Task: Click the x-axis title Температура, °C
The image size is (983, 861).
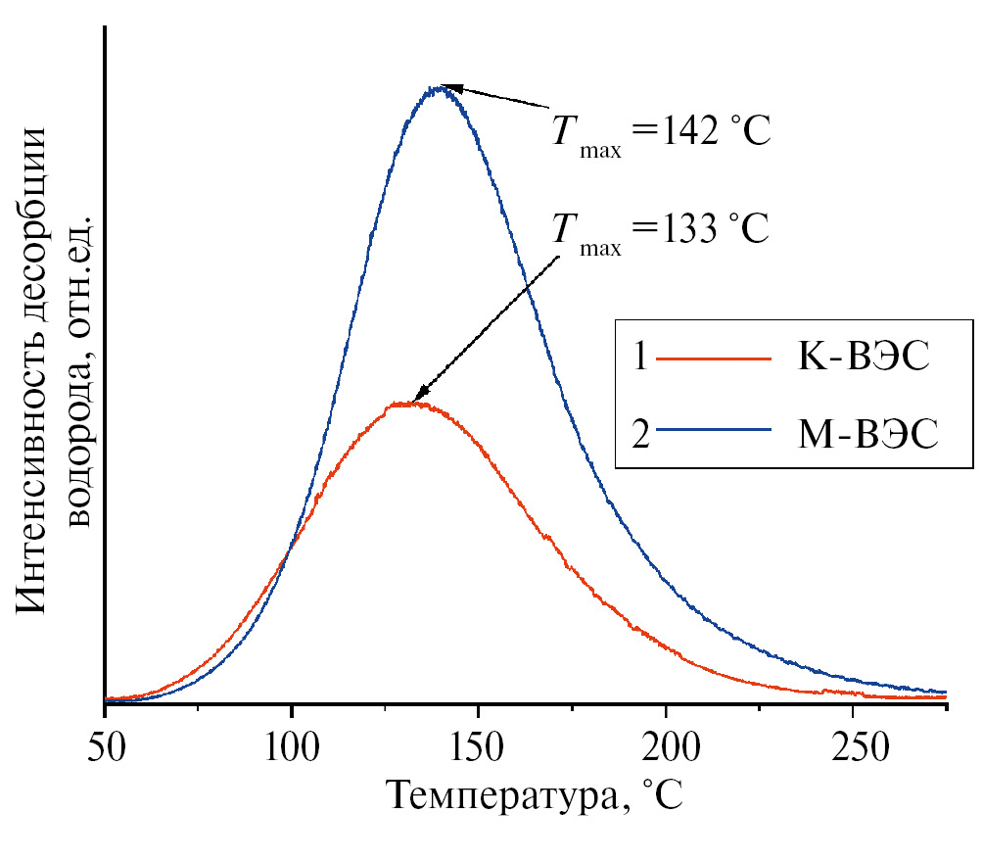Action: pos(533,793)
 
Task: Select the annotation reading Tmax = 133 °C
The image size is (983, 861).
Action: pos(662,230)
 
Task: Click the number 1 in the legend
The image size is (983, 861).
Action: pos(639,359)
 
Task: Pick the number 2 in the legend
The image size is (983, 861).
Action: pos(641,432)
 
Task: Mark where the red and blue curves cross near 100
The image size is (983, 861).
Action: pos(288,554)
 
